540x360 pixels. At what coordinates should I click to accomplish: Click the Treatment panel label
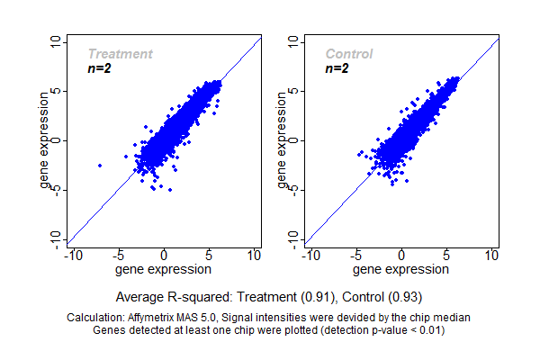pyautogui.click(x=120, y=54)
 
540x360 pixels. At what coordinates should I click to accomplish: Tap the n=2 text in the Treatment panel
pyautogui.click(x=99, y=67)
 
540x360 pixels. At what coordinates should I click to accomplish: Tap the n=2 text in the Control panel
pyautogui.click(x=337, y=67)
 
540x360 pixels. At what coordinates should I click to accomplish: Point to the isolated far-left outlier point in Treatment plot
pyautogui.click(x=99, y=166)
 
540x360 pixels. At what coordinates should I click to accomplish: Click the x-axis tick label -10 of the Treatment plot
pyautogui.click(x=75, y=256)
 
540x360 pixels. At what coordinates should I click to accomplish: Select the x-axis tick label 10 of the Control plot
pyautogui.click(x=491, y=256)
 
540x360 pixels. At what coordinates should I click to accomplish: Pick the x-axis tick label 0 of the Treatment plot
pyautogui.click(x=164, y=256)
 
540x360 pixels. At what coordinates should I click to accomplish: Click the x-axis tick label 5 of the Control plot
pyautogui.click(x=447, y=256)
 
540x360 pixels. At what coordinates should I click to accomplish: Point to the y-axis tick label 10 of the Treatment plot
pyautogui.click(x=57, y=42)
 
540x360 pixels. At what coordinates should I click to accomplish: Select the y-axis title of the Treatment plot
pyautogui.click(x=45, y=140)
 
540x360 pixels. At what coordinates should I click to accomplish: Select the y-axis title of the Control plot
pyautogui.click(x=283, y=140)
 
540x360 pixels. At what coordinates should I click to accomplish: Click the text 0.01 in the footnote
pyautogui.click(x=427, y=330)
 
